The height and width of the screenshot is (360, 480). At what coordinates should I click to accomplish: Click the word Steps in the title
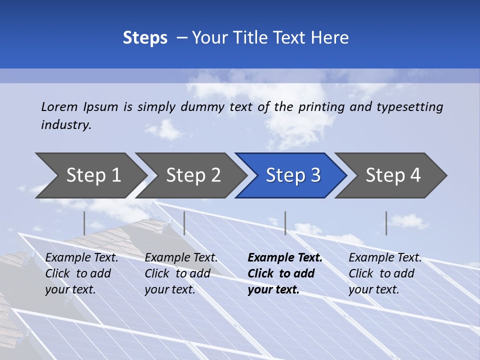click(x=145, y=38)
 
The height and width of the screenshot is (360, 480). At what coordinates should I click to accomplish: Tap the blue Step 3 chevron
click(x=293, y=175)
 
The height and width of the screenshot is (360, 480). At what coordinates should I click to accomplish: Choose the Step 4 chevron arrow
click(x=393, y=175)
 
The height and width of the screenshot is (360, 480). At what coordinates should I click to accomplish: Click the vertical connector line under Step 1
click(x=84, y=223)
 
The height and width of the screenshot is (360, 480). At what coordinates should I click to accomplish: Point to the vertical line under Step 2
click(x=184, y=223)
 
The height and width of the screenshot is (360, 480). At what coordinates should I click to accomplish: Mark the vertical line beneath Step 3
click(x=285, y=223)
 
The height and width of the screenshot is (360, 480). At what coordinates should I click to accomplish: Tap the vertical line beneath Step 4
click(x=386, y=223)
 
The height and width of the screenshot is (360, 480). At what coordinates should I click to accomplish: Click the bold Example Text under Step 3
click(x=285, y=273)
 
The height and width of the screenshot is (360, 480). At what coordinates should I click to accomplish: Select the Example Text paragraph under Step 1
click(x=81, y=273)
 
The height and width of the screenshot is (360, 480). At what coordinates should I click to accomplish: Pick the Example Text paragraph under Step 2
click(x=181, y=273)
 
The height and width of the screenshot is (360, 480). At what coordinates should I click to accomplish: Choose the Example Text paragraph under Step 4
click(x=385, y=273)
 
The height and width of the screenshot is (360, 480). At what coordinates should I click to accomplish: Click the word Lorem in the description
click(x=59, y=107)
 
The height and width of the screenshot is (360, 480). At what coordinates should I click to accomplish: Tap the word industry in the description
click(x=66, y=125)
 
